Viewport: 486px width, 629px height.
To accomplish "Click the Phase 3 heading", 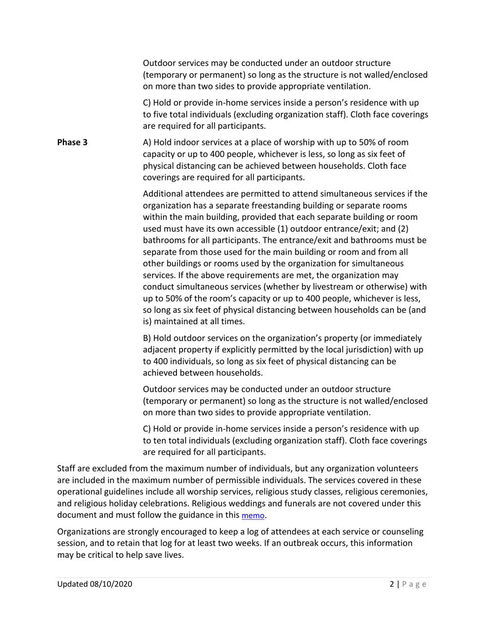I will tap(72, 142).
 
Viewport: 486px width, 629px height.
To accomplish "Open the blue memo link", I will tap(253, 516).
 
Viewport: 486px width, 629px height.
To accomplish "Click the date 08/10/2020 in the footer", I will tap(111, 584).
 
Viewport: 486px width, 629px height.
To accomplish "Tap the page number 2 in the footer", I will tap(391, 584).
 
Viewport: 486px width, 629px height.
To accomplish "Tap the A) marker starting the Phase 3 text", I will tap(147, 142).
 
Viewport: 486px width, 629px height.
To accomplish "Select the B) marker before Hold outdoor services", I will tap(147, 339).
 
